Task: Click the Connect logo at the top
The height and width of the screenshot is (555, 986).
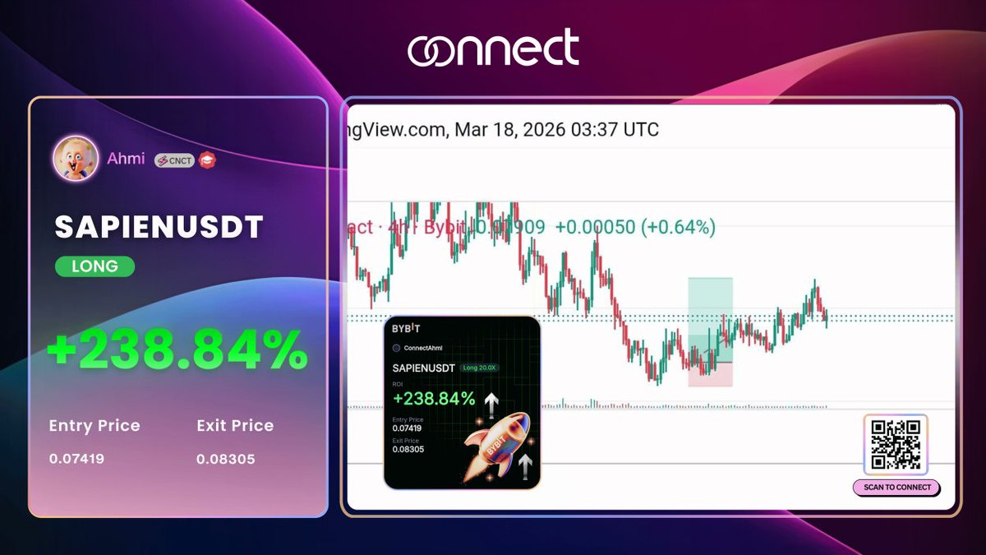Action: [x=493, y=49]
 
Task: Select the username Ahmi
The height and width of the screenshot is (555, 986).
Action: [x=126, y=159]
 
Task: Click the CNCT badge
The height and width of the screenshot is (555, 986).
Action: [x=174, y=160]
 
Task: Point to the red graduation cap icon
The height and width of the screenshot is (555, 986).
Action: [x=207, y=160]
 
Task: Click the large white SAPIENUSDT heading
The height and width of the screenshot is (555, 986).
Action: [x=159, y=228]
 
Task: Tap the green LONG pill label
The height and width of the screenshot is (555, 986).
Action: [x=94, y=266]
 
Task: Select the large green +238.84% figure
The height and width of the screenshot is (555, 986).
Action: [x=177, y=351]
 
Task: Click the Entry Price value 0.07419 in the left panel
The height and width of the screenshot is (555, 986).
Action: [x=76, y=459]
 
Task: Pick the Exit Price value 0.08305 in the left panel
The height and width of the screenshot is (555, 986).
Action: [x=225, y=459]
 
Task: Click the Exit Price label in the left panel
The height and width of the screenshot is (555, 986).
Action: [x=235, y=426]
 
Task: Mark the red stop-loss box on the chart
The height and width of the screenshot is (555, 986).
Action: [x=710, y=374]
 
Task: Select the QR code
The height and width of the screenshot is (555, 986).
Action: [x=896, y=445]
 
